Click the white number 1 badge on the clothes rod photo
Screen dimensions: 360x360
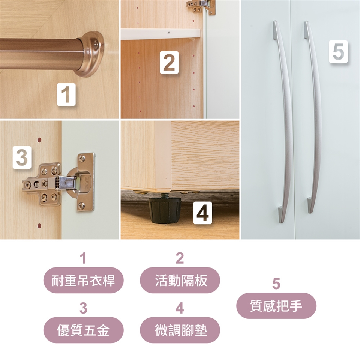tap(66, 94)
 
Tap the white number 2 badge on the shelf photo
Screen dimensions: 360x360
tap(169, 63)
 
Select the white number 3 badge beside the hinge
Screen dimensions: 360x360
tap(22, 157)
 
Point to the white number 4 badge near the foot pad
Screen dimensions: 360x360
tap(202, 213)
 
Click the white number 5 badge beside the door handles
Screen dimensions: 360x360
tap(338, 52)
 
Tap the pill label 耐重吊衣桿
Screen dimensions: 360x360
tap(83, 280)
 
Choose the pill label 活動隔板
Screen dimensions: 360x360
tap(180, 280)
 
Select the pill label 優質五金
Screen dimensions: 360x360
tap(83, 330)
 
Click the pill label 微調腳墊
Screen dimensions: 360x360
tap(180, 330)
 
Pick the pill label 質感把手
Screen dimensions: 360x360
tap(276, 306)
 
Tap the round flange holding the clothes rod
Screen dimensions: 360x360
tap(90, 54)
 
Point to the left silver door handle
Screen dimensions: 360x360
tap(285, 121)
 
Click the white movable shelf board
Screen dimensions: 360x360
tap(160, 34)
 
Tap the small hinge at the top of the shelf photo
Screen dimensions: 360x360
tap(201, 7)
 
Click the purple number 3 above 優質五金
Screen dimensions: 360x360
tap(83, 308)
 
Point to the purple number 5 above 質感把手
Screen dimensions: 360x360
tap(276, 283)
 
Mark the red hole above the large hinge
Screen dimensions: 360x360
tap(39, 140)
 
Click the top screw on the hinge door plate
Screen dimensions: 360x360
tap(82, 158)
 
